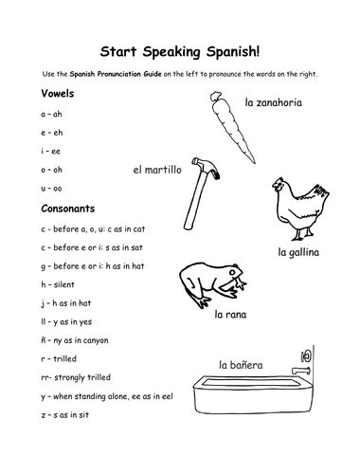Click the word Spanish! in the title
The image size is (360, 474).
233,52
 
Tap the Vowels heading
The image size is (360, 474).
58,94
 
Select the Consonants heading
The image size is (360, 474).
68,209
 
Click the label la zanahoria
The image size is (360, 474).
274,102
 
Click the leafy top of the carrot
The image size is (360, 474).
216,96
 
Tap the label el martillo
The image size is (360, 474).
157,170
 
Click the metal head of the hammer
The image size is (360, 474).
206,168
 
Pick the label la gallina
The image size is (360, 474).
298,252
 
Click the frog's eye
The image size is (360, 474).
233,271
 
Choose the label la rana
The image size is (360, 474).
230,315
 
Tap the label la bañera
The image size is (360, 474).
241,365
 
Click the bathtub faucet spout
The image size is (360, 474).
300,371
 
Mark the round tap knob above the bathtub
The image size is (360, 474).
306,356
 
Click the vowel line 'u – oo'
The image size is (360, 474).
51,189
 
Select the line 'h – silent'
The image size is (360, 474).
58,284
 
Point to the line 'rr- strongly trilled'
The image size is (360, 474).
76,377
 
